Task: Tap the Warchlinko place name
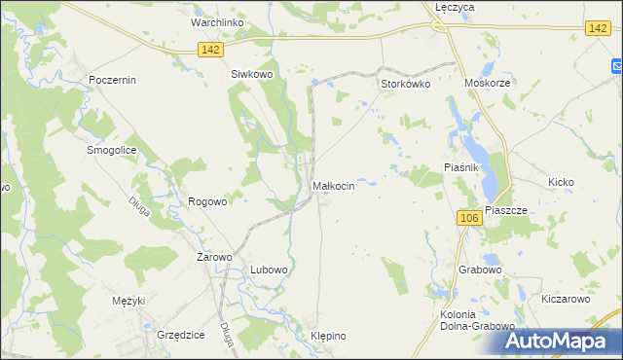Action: (217, 21)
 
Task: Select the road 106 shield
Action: (468, 218)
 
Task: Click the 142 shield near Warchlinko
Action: (209, 49)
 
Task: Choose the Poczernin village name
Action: (111, 80)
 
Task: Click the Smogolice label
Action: (111, 151)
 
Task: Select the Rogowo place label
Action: (207, 201)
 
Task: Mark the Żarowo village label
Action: (214, 257)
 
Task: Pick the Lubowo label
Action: (269, 270)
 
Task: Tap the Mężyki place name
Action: (128, 300)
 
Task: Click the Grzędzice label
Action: (180, 334)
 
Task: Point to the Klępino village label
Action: (328, 336)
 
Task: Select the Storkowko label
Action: (405, 85)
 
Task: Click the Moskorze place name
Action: (488, 85)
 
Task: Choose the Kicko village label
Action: (562, 182)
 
